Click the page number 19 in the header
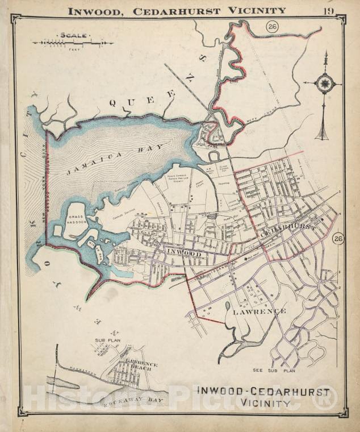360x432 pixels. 329,10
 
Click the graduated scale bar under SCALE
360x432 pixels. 73,43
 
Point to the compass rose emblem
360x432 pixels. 325,83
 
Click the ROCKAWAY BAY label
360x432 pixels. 132,401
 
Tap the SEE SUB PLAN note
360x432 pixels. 274,370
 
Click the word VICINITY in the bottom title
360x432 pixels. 263,402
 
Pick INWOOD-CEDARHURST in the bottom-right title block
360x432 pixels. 263,391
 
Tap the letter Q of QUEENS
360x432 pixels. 113,102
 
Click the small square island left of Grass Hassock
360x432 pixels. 58,230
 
